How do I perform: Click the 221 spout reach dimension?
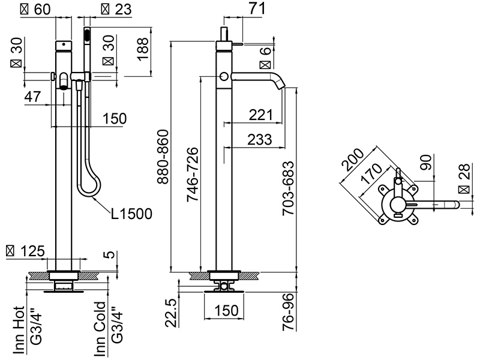pos(260,114)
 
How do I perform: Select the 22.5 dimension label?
pos(170,313)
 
